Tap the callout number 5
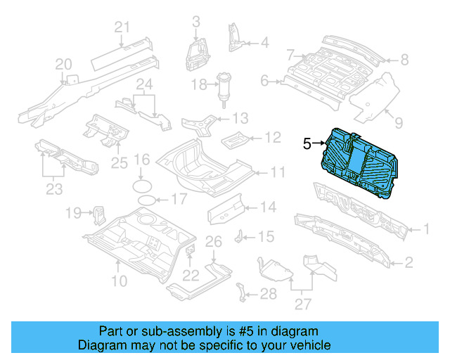click(x=307, y=143)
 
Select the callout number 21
click(x=123, y=27)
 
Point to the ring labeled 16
click(x=142, y=186)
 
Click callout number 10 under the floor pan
click(x=119, y=282)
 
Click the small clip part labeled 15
click(x=240, y=235)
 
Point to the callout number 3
click(x=195, y=21)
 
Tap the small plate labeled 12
click(x=233, y=138)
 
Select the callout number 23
click(x=53, y=188)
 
